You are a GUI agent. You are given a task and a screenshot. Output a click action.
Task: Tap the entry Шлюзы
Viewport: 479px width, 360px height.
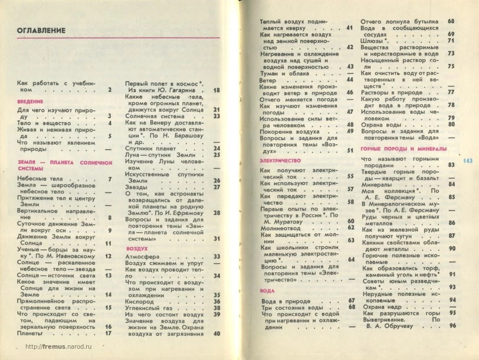pos(373,41)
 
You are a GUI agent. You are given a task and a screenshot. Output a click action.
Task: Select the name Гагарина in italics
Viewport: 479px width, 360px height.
pos(183,91)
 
